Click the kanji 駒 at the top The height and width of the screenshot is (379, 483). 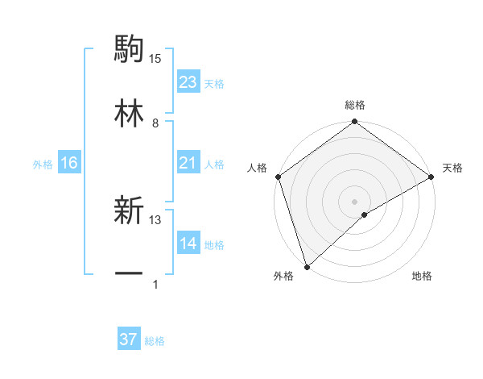[x=129, y=49]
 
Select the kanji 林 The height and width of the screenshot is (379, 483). [x=129, y=112]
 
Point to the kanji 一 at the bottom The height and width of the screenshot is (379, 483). [x=129, y=274]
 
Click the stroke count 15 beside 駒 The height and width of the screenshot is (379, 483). [x=155, y=58]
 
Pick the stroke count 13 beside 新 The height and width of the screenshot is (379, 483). [x=155, y=219]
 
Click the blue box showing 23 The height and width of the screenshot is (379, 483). [x=188, y=82]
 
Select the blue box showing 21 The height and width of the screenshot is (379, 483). [x=188, y=164]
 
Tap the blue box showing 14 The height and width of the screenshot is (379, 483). [x=188, y=244]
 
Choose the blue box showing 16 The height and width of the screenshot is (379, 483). [x=69, y=164]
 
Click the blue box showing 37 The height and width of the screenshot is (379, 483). [x=129, y=340]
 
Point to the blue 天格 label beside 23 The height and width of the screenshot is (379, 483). [x=214, y=83]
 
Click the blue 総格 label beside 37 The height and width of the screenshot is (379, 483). [x=155, y=341]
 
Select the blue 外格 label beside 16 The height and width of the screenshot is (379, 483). [x=43, y=165]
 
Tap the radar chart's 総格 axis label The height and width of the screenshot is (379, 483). [x=355, y=105]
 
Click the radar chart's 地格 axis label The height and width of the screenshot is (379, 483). [x=422, y=276]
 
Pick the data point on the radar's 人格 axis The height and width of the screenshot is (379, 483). [x=278, y=177]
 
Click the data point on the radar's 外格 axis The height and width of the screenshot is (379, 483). [x=307, y=266]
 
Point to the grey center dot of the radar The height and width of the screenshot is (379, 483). [x=354, y=201]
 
